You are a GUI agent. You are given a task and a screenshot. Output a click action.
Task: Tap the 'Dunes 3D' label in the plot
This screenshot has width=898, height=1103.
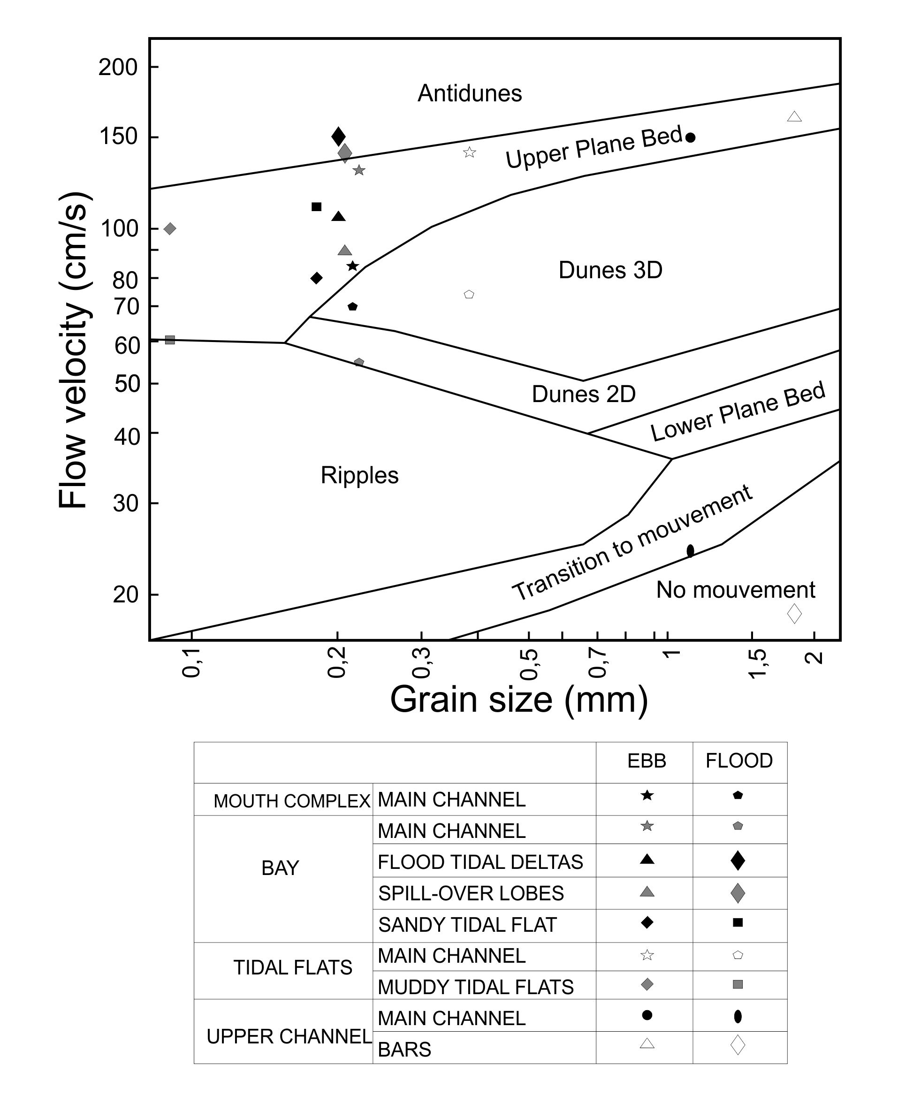click(x=610, y=270)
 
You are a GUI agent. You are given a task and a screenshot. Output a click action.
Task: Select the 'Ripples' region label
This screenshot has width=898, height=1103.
click(x=359, y=475)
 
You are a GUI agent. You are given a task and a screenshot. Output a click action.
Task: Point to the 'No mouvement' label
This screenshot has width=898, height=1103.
click(x=735, y=590)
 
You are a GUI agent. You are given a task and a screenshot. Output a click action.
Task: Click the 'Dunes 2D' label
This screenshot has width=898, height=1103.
click(x=584, y=394)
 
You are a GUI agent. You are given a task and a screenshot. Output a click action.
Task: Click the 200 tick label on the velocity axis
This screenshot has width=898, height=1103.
click(x=118, y=67)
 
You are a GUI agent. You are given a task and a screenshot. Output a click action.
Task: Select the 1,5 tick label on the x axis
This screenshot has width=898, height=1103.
click(x=757, y=663)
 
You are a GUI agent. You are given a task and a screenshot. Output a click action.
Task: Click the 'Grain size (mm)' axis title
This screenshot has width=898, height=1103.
click(x=518, y=700)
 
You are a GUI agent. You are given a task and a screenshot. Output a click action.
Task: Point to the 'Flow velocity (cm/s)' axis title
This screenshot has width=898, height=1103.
click(x=74, y=350)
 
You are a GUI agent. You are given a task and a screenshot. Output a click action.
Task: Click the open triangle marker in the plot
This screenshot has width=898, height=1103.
click(x=794, y=117)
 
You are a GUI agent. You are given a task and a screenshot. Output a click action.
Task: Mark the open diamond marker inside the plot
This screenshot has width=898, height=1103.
click(x=794, y=614)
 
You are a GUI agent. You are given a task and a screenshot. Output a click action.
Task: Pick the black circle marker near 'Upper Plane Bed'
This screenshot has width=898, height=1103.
click(x=690, y=137)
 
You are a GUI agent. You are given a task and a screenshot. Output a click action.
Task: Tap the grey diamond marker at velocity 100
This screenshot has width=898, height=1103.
click(x=170, y=228)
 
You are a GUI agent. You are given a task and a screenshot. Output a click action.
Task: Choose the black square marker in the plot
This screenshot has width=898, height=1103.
click(x=317, y=207)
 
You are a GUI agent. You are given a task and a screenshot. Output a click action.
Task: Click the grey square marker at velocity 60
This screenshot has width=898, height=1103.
click(x=170, y=340)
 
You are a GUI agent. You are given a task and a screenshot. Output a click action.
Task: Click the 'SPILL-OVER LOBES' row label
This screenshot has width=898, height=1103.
click(x=471, y=893)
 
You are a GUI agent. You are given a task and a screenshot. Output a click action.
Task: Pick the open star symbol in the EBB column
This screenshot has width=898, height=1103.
click(x=647, y=955)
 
